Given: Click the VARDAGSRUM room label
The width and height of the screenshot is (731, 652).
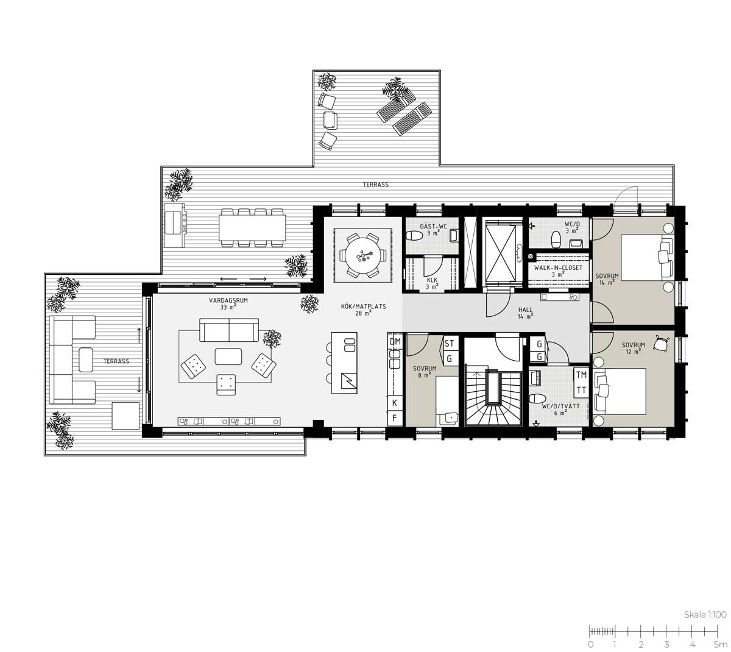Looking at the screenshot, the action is [x=228, y=300].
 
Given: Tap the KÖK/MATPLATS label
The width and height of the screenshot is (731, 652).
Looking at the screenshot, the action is [x=363, y=307].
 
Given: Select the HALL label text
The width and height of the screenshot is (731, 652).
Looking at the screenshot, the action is [x=525, y=310].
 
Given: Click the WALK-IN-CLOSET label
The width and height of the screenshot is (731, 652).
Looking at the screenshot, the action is [x=558, y=268].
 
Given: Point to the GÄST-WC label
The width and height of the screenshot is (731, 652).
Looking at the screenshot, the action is [x=433, y=226].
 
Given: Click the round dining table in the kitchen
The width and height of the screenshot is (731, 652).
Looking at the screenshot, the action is [x=362, y=255].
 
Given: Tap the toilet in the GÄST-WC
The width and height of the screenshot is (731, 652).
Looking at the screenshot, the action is [x=414, y=236].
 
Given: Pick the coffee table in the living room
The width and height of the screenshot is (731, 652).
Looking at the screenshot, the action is [x=228, y=356].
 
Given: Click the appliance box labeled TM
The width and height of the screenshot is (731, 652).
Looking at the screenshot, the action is [x=581, y=375].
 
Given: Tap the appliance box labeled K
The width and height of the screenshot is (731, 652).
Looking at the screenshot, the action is [x=395, y=403].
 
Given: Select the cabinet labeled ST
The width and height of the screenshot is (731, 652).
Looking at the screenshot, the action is [x=450, y=343].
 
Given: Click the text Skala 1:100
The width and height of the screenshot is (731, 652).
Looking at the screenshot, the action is [x=705, y=614].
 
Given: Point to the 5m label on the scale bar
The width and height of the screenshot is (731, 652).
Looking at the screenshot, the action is [x=720, y=645].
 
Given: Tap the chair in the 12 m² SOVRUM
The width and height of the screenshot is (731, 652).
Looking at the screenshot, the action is [x=662, y=343].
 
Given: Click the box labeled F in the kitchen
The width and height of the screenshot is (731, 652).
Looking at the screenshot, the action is [x=395, y=418].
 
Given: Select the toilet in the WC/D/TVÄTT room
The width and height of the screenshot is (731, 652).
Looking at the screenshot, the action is [x=537, y=399].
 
